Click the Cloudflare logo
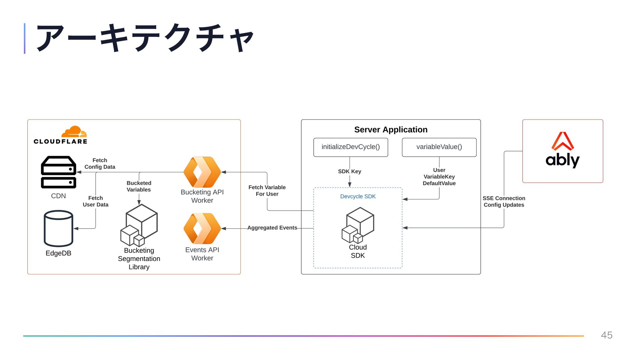[x=60, y=135]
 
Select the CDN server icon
[x=59, y=172]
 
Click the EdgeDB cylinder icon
[x=59, y=228]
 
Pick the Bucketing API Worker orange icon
[x=202, y=172]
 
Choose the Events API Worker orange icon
[x=202, y=228]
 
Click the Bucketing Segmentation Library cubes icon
[x=139, y=225]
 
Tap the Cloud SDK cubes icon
[x=358, y=225]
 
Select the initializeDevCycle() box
[x=351, y=147]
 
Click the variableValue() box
[x=439, y=147]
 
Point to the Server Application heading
[x=391, y=130]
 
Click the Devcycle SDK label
[x=358, y=196]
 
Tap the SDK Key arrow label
[x=350, y=171]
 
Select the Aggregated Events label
[x=272, y=228]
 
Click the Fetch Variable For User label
[x=267, y=191]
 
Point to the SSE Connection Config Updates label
[x=504, y=202]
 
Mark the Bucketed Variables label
[x=139, y=186]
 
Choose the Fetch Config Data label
[x=100, y=164]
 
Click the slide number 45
[x=607, y=335]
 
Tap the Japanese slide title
[x=145, y=38]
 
